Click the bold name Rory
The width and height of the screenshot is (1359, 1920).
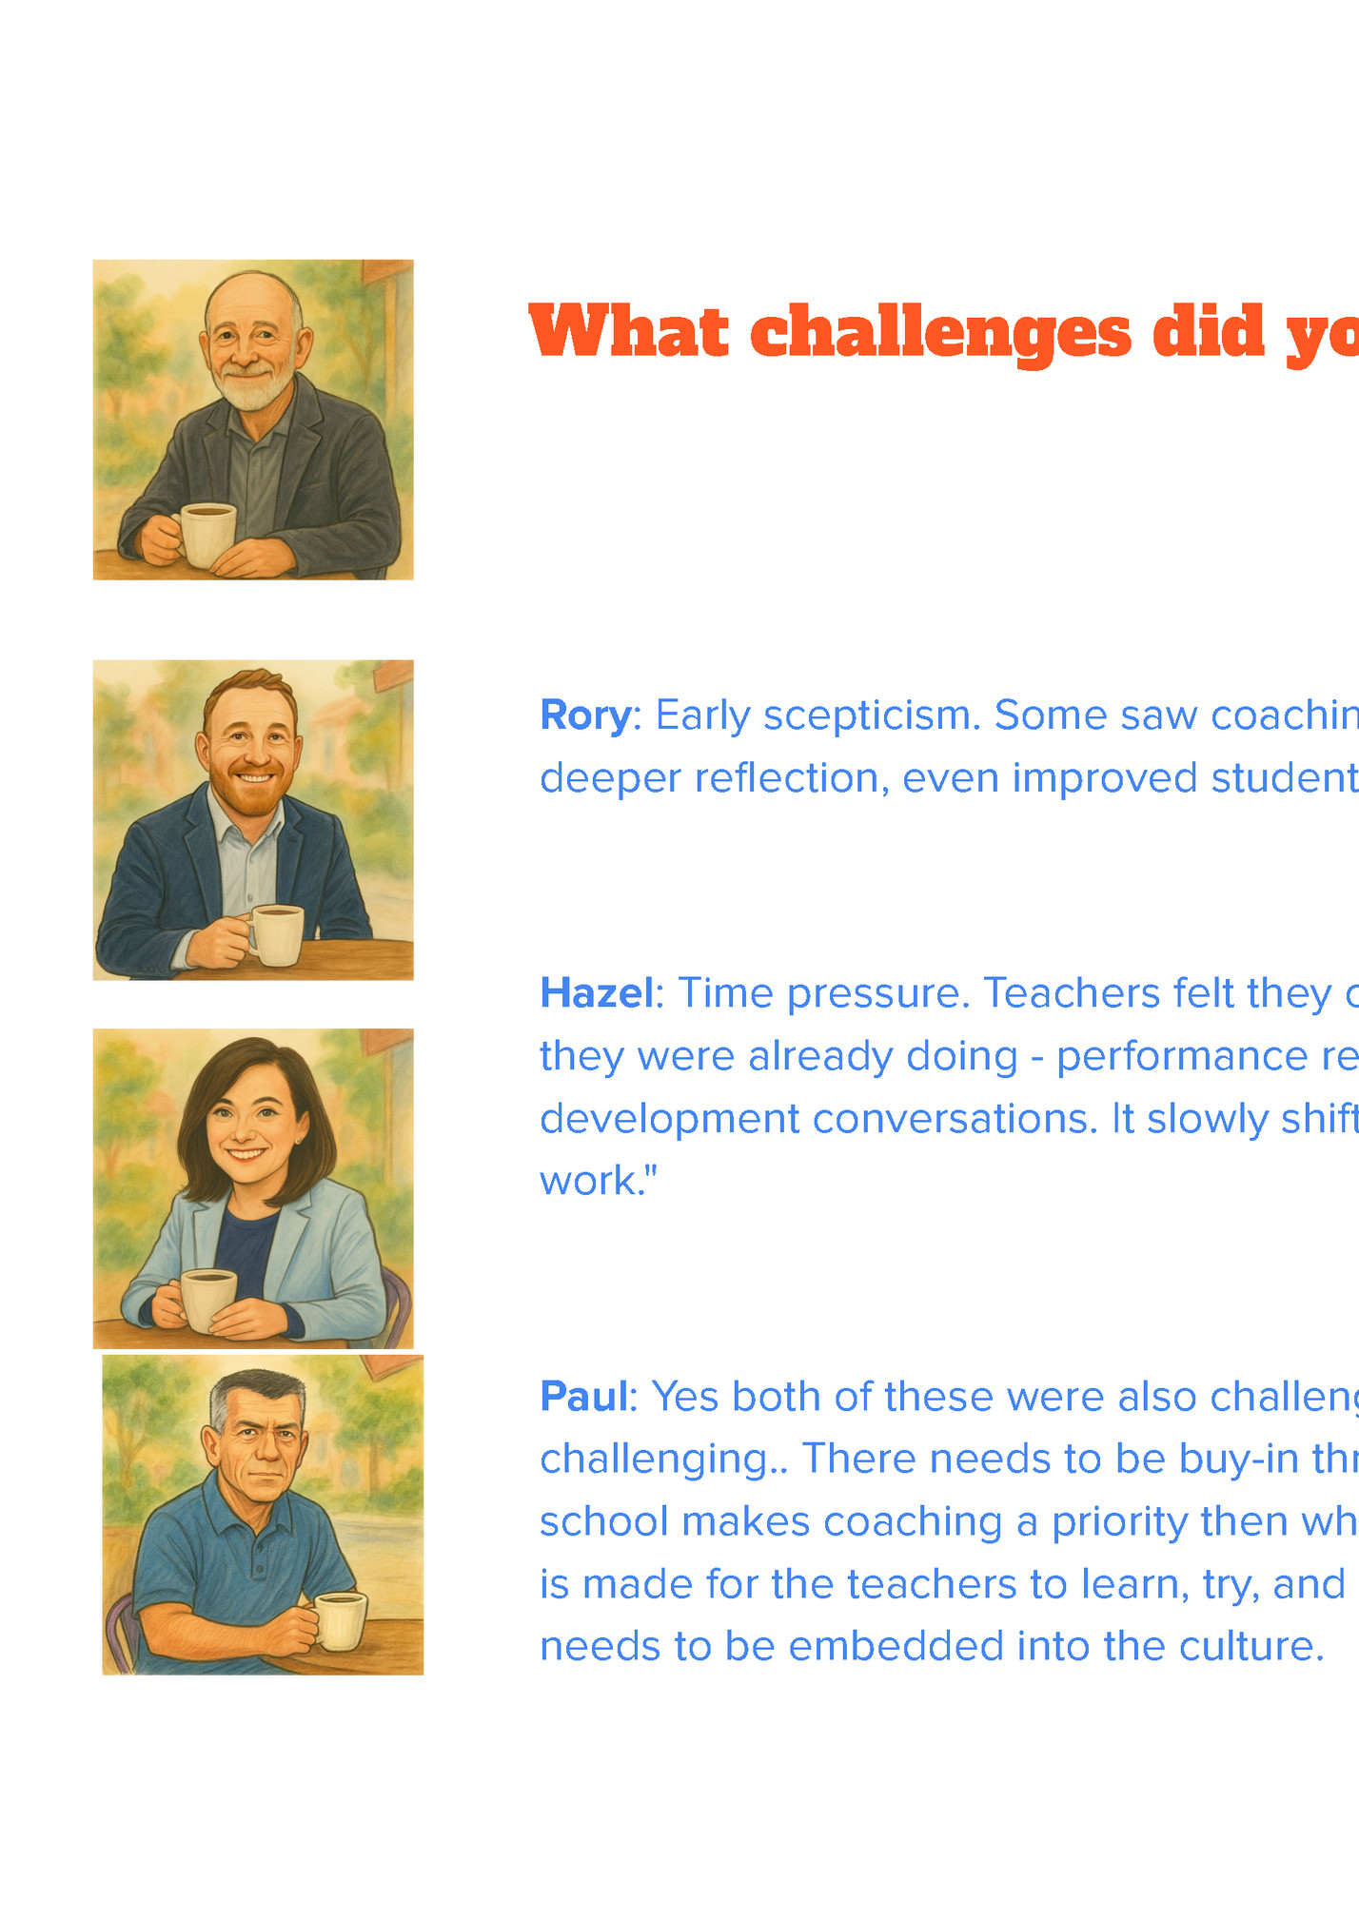[584, 715]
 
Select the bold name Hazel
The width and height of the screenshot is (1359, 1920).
[596, 993]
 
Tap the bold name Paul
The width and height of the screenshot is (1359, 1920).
[583, 1397]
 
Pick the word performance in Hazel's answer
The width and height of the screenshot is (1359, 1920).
[1181, 1057]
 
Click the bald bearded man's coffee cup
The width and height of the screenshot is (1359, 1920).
[208, 534]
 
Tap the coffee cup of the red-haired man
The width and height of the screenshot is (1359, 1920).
[277, 934]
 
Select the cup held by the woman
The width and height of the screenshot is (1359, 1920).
[208, 1298]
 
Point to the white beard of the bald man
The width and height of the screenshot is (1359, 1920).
[252, 390]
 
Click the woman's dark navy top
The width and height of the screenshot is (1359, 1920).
[246, 1246]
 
